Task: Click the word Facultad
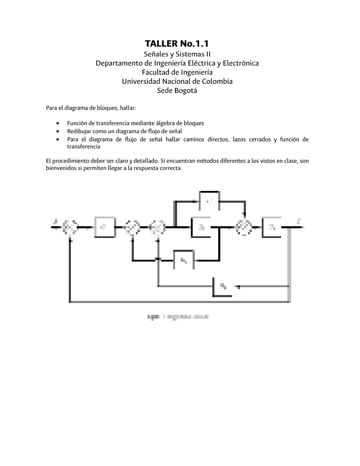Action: [156, 72]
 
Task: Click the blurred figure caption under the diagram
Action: [178, 317]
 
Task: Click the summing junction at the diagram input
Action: [70, 227]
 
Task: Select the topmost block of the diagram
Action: [209, 201]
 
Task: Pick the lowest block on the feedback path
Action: [223, 286]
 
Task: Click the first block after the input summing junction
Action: [104, 227]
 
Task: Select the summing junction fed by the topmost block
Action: [244, 227]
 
